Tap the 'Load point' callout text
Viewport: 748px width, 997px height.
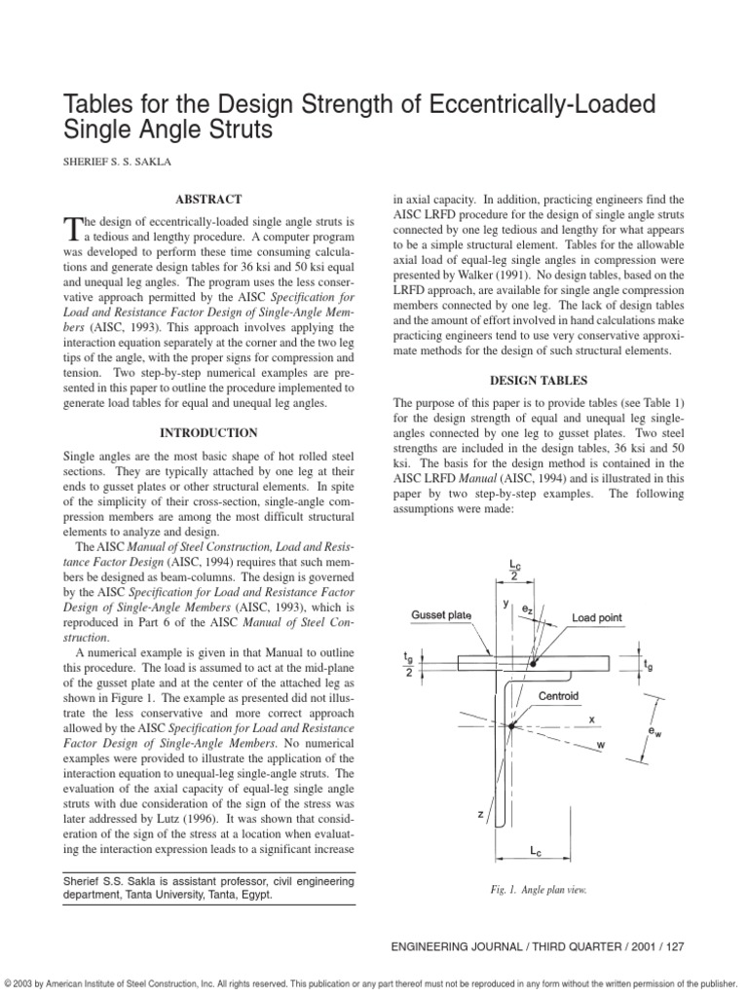(597, 617)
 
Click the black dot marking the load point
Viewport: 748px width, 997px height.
(532, 663)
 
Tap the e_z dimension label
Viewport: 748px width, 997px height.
(526, 608)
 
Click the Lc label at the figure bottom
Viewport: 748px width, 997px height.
(536, 850)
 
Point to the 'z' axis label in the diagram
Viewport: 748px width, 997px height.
(480, 814)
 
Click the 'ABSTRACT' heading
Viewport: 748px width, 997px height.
(209, 199)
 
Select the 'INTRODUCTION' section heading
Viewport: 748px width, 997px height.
(209, 432)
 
